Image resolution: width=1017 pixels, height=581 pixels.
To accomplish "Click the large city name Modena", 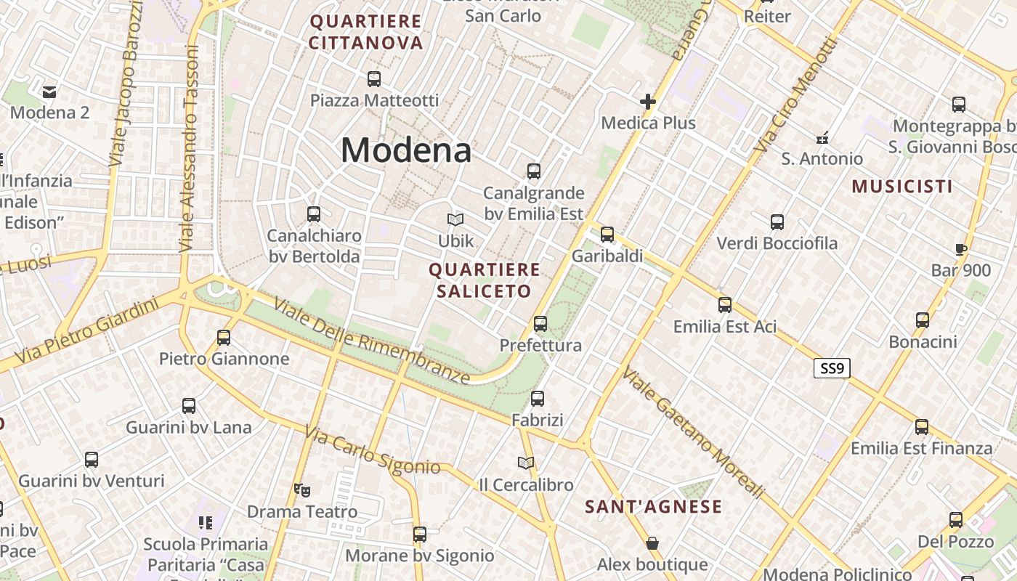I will point(406,150).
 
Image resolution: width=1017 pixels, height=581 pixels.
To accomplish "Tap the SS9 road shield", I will point(831,368).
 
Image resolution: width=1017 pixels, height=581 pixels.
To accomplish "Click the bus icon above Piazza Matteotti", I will point(374,79).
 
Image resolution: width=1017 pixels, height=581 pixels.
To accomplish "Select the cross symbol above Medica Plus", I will point(648,102).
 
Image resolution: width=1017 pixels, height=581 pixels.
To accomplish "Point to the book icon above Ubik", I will point(455,219).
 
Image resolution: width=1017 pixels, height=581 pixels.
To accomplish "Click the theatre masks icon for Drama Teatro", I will point(302,490).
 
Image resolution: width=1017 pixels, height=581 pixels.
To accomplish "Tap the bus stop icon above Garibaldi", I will point(607,235).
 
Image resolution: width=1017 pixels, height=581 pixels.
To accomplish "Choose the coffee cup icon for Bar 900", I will point(961,250).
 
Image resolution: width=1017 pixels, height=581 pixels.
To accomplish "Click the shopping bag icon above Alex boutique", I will point(652,543).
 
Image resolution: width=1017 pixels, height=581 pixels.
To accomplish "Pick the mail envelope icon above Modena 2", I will point(49,92).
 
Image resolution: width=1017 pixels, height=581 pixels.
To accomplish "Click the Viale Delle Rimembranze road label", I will point(371,341).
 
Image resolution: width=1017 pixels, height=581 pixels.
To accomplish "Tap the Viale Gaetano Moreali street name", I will point(693,434).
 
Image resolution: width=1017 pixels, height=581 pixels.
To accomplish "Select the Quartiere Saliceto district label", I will point(485,280).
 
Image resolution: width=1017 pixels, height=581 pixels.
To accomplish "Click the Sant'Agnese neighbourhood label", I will point(654,507).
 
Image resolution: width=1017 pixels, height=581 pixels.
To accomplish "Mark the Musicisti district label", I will point(902,187).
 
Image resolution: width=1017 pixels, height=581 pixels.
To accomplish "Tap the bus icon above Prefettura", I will point(540,324).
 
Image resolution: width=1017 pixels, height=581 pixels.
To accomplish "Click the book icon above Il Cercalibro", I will point(526,463).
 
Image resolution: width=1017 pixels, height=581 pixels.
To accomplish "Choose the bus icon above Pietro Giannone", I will point(224,337).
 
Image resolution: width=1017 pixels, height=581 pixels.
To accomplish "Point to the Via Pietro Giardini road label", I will point(86,331).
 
